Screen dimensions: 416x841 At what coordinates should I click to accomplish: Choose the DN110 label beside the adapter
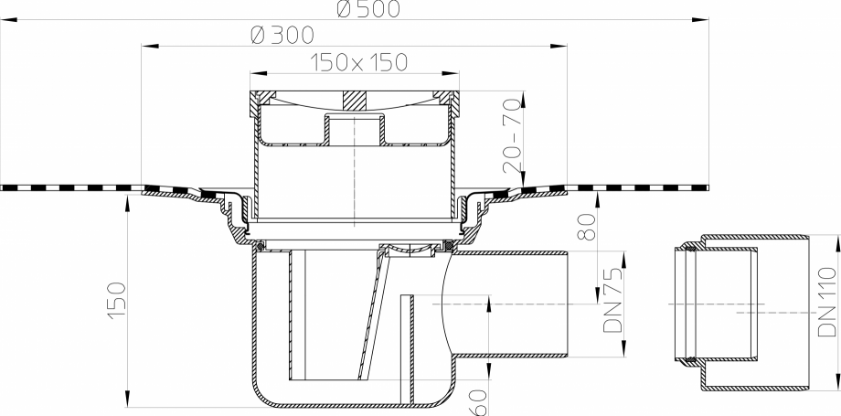click(x=827, y=302)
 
